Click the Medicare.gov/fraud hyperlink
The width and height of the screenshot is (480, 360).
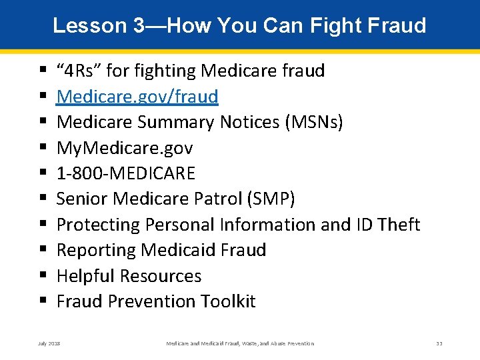pos(137,97)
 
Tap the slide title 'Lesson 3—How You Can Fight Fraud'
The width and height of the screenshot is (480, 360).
pos(239,25)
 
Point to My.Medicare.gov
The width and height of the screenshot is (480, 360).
pos(125,148)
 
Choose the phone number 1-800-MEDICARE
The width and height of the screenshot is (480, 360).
pos(126,173)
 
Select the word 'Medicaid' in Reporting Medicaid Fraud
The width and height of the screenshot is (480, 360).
pos(179,250)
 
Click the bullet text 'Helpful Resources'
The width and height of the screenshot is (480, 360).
pos(129,276)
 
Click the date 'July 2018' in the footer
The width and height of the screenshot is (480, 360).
pos(49,343)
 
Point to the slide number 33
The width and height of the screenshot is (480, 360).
pos(439,343)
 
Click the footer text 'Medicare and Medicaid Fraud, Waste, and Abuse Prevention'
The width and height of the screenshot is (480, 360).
pos(239,343)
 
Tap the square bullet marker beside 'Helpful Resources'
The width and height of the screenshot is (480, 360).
pos(43,276)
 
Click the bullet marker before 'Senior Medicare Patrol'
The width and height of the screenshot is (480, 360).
pos(43,199)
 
